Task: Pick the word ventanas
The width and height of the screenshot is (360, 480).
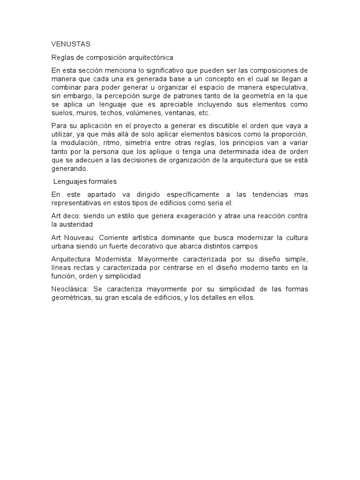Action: tap(177, 113)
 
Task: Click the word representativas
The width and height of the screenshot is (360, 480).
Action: tap(78, 202)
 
